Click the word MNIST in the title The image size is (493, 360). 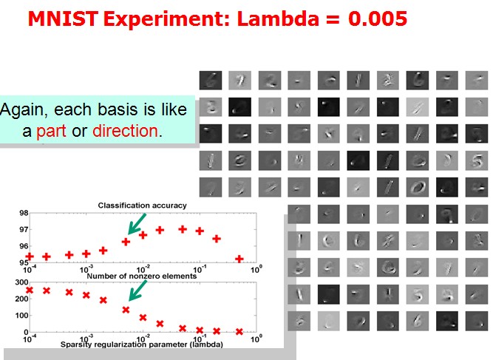tap(63, 18)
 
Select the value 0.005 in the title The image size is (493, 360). tap(378, 18)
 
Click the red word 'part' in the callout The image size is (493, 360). tap(51, 131)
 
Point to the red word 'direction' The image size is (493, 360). tap(125, 131)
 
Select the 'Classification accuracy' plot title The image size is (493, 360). tap(142, 206)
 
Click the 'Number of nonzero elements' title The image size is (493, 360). tap(141, 276)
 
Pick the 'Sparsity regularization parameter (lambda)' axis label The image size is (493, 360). tap(141, 344)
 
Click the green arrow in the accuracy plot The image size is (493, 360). tap(137, 223)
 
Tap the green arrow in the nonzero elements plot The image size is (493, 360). tap(137, 291)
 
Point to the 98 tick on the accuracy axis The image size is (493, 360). tap(24, 213)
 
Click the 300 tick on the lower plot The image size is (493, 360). tap(21, 282)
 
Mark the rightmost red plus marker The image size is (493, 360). tap(239, 259)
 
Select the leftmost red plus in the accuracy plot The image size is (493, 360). tap(30, 257)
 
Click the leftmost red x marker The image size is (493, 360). tap(30, 290)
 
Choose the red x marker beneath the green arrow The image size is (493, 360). tap(126, 310)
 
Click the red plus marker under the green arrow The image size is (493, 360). tap(126, 242)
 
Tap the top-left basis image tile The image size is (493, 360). tap(211, 80)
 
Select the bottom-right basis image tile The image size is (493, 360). tap(477, 321)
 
